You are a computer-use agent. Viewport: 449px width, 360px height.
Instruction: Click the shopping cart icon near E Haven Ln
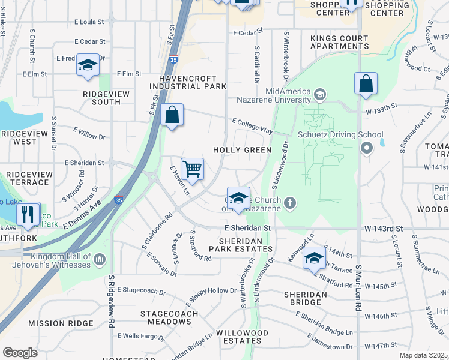192,169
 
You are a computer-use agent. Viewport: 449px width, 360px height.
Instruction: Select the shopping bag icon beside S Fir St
172,115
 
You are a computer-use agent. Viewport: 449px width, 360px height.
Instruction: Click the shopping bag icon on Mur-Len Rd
366,84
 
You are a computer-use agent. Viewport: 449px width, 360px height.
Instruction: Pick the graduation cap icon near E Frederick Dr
88,65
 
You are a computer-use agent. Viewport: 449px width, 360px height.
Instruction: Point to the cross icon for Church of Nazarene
290,202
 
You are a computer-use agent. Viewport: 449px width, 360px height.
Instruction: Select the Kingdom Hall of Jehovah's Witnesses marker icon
100,259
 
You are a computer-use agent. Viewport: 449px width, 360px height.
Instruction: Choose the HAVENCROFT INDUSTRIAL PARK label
192,82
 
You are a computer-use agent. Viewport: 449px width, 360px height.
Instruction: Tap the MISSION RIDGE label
61,323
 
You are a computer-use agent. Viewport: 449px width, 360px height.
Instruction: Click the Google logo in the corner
20,353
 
